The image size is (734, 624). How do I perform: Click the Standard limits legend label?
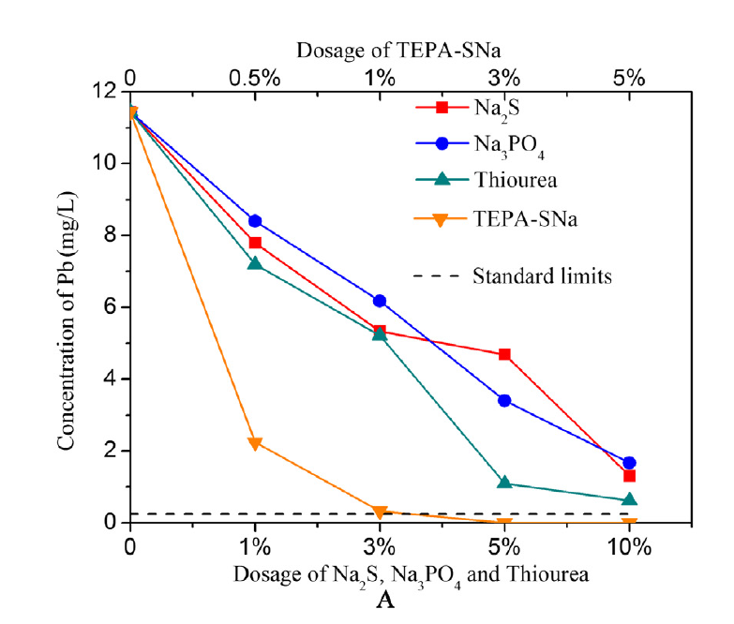[x=530, y=275]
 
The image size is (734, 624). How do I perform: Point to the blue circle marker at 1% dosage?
[x=254, y=221]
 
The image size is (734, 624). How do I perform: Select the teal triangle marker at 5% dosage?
[x=504, y=483]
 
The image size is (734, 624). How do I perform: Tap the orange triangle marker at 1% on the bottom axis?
[x=254, y=443]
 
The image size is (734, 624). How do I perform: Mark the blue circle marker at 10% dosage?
[x=629, y=463]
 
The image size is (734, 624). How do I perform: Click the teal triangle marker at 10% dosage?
[x=629, y=499]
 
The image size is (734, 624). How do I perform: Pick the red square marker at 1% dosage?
[x=254, y=243]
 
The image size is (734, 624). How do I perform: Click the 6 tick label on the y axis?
[x=112, y=306]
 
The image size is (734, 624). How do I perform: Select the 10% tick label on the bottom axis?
[x=629, y=545]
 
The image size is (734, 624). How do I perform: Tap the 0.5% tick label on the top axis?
[x=254, y=76]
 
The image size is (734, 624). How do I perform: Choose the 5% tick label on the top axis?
[x=629, y=76]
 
